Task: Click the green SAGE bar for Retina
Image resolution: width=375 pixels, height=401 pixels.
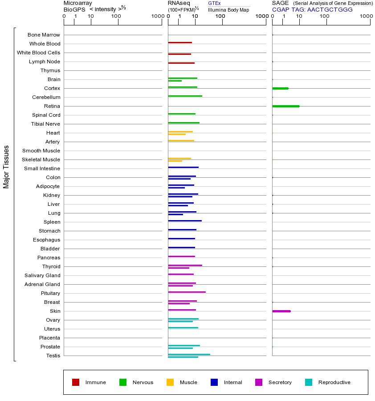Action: (x=285, y=106)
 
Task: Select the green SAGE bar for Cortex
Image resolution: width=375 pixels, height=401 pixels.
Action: (x=280, y=88)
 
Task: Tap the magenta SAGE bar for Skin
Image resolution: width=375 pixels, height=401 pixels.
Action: (x=281, y=311)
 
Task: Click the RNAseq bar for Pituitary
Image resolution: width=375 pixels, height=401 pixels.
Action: (x=187, y=292)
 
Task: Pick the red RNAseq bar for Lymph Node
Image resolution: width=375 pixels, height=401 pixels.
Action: (x=181, y=63)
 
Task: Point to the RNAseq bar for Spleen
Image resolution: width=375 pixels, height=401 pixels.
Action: (x=185, y=221)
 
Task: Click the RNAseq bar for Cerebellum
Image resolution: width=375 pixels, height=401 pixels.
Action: (x=185, y=96)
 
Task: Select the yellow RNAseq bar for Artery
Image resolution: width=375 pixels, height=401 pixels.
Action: (x=181, y=140)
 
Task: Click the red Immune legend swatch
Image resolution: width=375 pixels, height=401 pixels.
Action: (x=76, y=382)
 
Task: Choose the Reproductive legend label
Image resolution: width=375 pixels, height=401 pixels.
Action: (x=334, y=382)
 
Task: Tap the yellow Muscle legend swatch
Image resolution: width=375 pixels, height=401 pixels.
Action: (x=170, y=382)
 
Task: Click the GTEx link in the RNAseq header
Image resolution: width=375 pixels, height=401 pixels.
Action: (x=214, y=3)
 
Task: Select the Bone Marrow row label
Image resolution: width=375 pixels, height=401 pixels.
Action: (x=44, y=35)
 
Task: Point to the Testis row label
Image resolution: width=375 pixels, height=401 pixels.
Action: (x=53, y=356)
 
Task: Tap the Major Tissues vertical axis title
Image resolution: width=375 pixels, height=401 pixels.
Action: (x=6, y=167)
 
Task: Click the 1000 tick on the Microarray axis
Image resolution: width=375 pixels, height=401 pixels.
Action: (x=157, y=16)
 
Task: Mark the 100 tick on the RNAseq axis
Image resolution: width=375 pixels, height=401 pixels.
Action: (x=220, y=16)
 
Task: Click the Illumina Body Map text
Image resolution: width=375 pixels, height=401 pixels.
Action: (x=228, y=10)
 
